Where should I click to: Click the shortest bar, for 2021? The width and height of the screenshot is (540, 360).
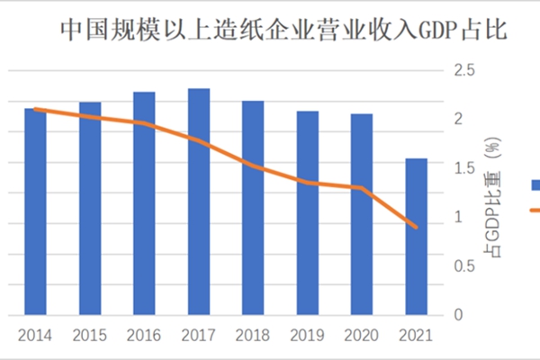coord(416,238)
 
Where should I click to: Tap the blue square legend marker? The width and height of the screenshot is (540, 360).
coord(534,184)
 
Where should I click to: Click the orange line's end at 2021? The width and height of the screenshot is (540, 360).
coord(416,227)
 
